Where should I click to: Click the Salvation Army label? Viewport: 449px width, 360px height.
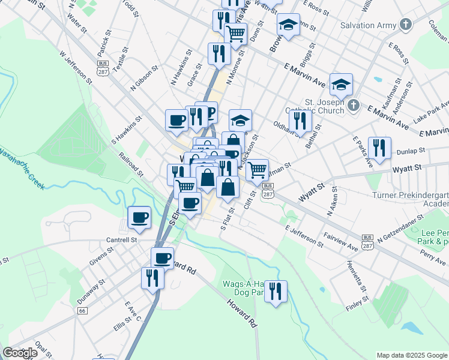(369, 26)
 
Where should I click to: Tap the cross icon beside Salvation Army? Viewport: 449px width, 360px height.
(406, 25)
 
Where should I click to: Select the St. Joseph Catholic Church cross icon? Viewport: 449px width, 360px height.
(354, 105)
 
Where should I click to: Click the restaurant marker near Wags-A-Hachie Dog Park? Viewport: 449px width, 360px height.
(276, 292)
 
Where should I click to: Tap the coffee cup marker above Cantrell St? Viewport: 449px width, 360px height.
(139, 217)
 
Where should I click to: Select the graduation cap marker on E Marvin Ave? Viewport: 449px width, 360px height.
(341, 85)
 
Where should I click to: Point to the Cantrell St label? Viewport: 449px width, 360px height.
(122, 239)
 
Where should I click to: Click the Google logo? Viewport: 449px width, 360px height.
(20, 353)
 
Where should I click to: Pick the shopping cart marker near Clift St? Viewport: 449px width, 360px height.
(257, 169)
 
